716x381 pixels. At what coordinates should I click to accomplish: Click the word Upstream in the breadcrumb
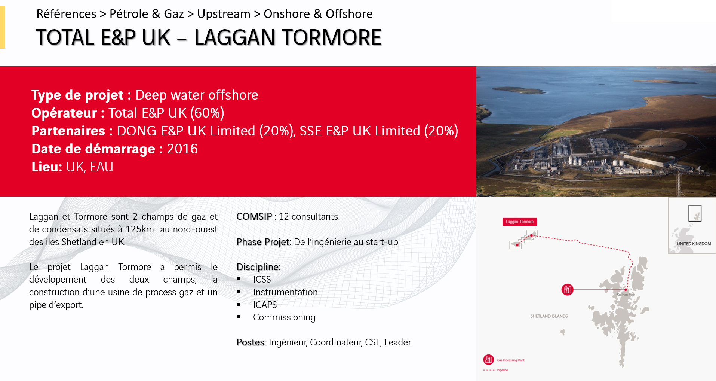pos(224,14)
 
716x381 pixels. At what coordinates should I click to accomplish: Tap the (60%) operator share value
pos(207,113)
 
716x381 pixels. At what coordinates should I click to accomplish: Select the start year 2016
pos(182,149)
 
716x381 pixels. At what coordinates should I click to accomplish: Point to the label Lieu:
pos(47,167)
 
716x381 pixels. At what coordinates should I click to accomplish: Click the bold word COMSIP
pos(254,217)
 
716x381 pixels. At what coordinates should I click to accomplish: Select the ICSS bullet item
pos(262,280)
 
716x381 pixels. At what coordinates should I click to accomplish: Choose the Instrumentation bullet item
pos(285,292)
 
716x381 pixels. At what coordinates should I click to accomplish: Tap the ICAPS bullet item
pos(265,305)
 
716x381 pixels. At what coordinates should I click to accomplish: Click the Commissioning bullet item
pos(284,317)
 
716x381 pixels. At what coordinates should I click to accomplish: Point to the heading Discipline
pos(258,267)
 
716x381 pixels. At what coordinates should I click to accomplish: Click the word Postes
pos(251,342)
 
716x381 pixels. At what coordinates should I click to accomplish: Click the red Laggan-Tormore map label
pos(520,222)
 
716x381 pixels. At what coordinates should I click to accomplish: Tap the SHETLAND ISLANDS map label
pos(549,316)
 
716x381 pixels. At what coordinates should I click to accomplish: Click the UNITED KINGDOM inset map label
pos(694,244)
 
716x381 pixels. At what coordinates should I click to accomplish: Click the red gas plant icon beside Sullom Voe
pos(567,290)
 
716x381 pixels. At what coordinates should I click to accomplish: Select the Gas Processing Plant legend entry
pos(504,360)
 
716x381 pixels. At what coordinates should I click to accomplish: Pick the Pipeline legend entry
pos(496,370)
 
